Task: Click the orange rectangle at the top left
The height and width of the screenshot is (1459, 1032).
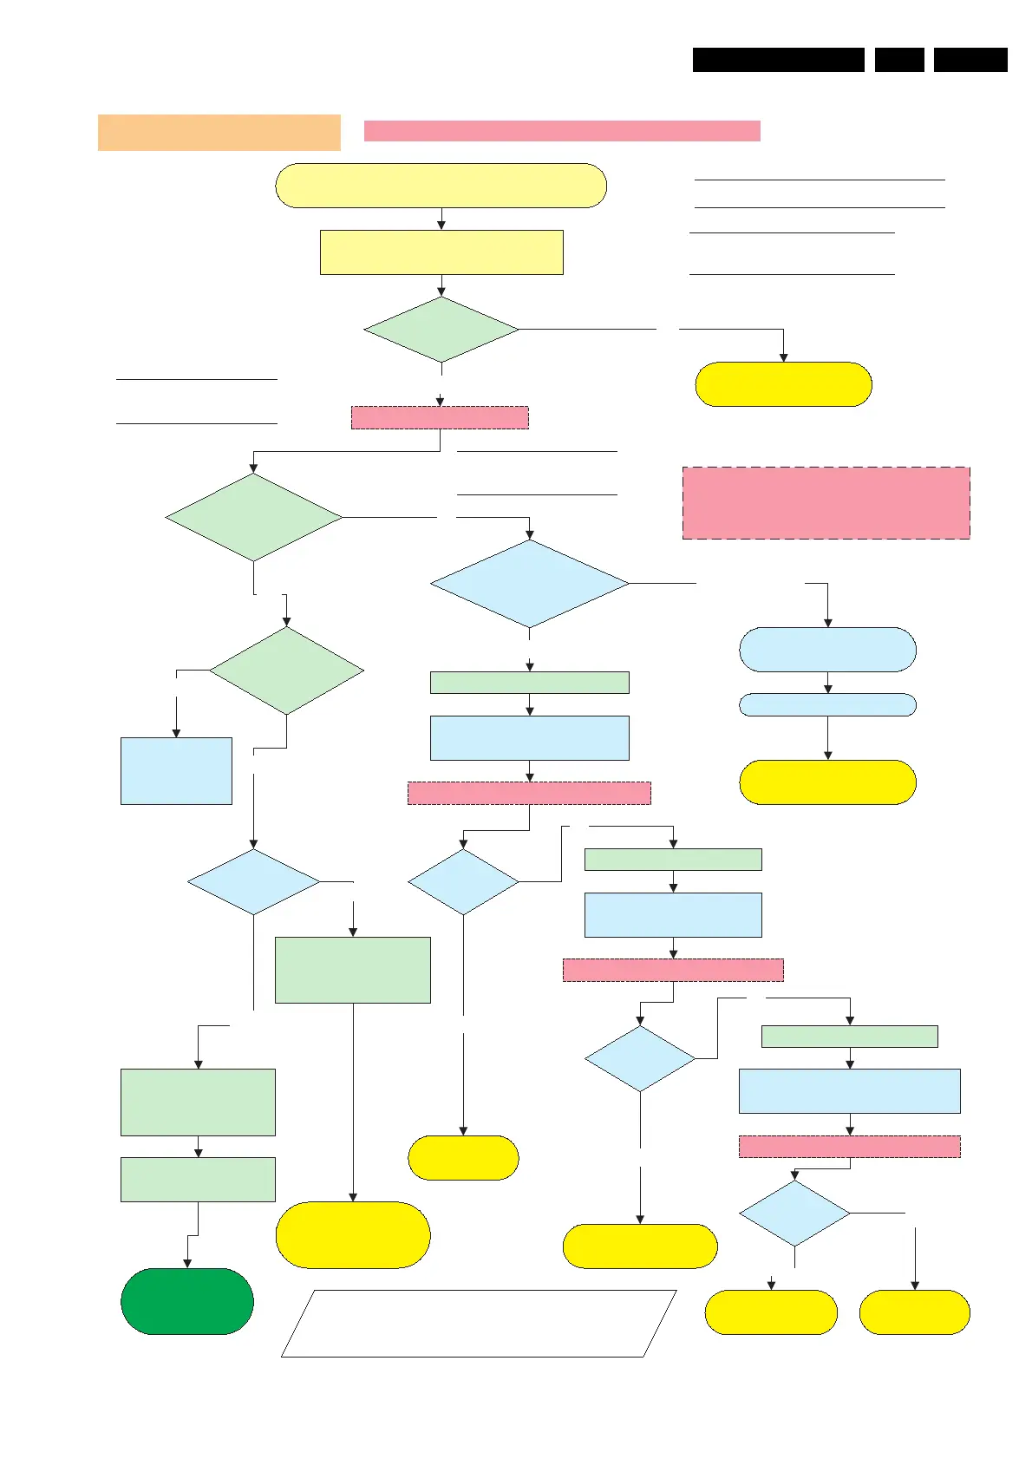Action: [x=219, y=133]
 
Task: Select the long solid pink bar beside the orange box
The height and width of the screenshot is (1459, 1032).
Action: [x=562, y=131]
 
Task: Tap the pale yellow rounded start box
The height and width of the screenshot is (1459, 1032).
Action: [x=441, y=186]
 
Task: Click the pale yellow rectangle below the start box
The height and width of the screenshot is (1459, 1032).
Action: [x=441, y=252]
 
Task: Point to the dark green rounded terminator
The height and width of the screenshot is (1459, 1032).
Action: [x=187, y=1301]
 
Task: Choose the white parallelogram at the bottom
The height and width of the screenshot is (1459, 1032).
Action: [x=479, y=1323]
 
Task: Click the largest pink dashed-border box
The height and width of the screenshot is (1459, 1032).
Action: [x=826, y=503]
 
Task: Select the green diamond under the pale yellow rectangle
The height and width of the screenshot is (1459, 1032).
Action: [x=441, y=330]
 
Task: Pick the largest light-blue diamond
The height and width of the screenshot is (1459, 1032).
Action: [x=529, y=584]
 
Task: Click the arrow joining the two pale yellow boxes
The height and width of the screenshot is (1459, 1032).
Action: [x=441, y=219]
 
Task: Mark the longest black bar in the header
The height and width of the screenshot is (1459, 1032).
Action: [x=778, y=60]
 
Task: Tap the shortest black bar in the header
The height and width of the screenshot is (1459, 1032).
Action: [x=899, y=60]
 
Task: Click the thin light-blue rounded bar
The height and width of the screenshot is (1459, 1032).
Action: [x=827, y=704]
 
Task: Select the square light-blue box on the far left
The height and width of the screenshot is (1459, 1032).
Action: [x=176, y=771]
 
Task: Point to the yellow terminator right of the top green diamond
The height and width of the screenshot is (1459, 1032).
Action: [x=783, y=384]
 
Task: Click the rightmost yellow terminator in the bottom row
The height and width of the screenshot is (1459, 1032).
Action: [x=914, y=1312]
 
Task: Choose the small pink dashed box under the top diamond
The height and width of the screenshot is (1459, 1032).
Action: [x=440, y=417]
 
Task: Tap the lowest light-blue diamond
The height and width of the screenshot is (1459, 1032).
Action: [x=794, y=1214]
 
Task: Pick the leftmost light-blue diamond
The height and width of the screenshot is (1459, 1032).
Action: [x=253, y=882]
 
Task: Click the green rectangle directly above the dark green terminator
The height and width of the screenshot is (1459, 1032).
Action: [x=198, y=1180]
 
